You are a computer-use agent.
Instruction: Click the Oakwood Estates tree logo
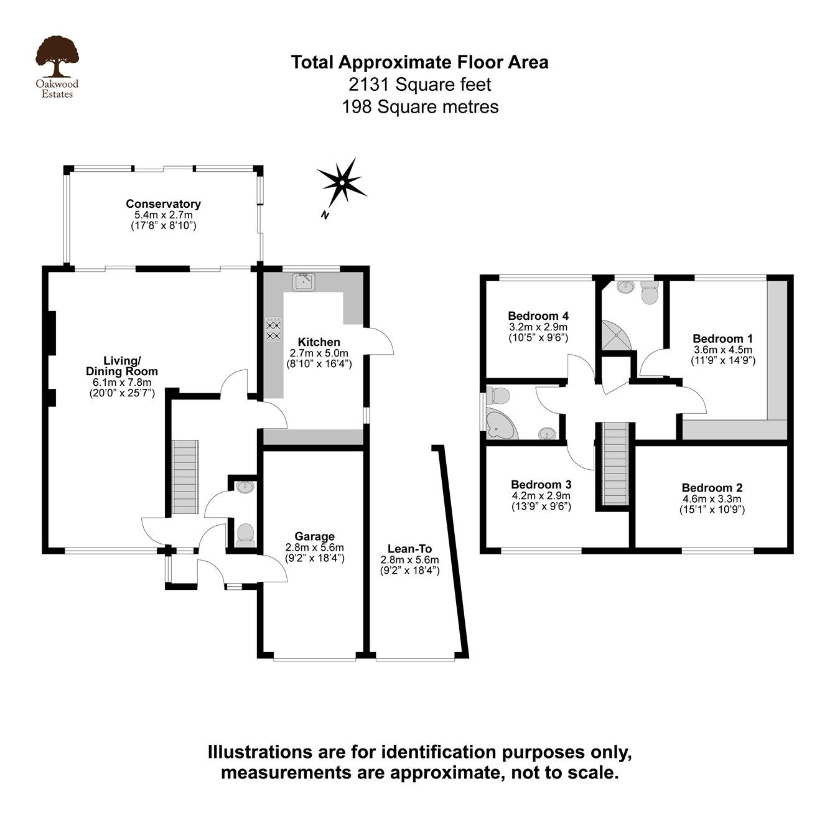[57, 58]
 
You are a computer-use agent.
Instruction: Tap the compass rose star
[342, 181]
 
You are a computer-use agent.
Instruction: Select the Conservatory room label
[163, 203]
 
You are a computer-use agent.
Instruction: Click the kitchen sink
[304, 282]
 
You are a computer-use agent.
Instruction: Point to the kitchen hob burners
[274, 330]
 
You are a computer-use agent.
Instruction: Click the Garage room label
[314, 536]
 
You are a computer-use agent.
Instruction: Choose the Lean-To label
[409, 549]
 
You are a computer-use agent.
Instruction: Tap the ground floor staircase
[185, 477]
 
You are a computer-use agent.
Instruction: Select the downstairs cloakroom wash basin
[245, 486]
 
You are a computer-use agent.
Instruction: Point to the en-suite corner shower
[615, 336]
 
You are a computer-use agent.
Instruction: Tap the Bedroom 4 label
[538, 315]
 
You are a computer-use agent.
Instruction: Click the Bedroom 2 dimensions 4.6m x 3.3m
[712, 499]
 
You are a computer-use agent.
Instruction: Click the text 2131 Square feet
[420, 84]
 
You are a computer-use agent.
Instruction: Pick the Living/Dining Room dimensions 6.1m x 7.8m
[122, 382]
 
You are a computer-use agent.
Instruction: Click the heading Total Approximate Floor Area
[420, 62]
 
